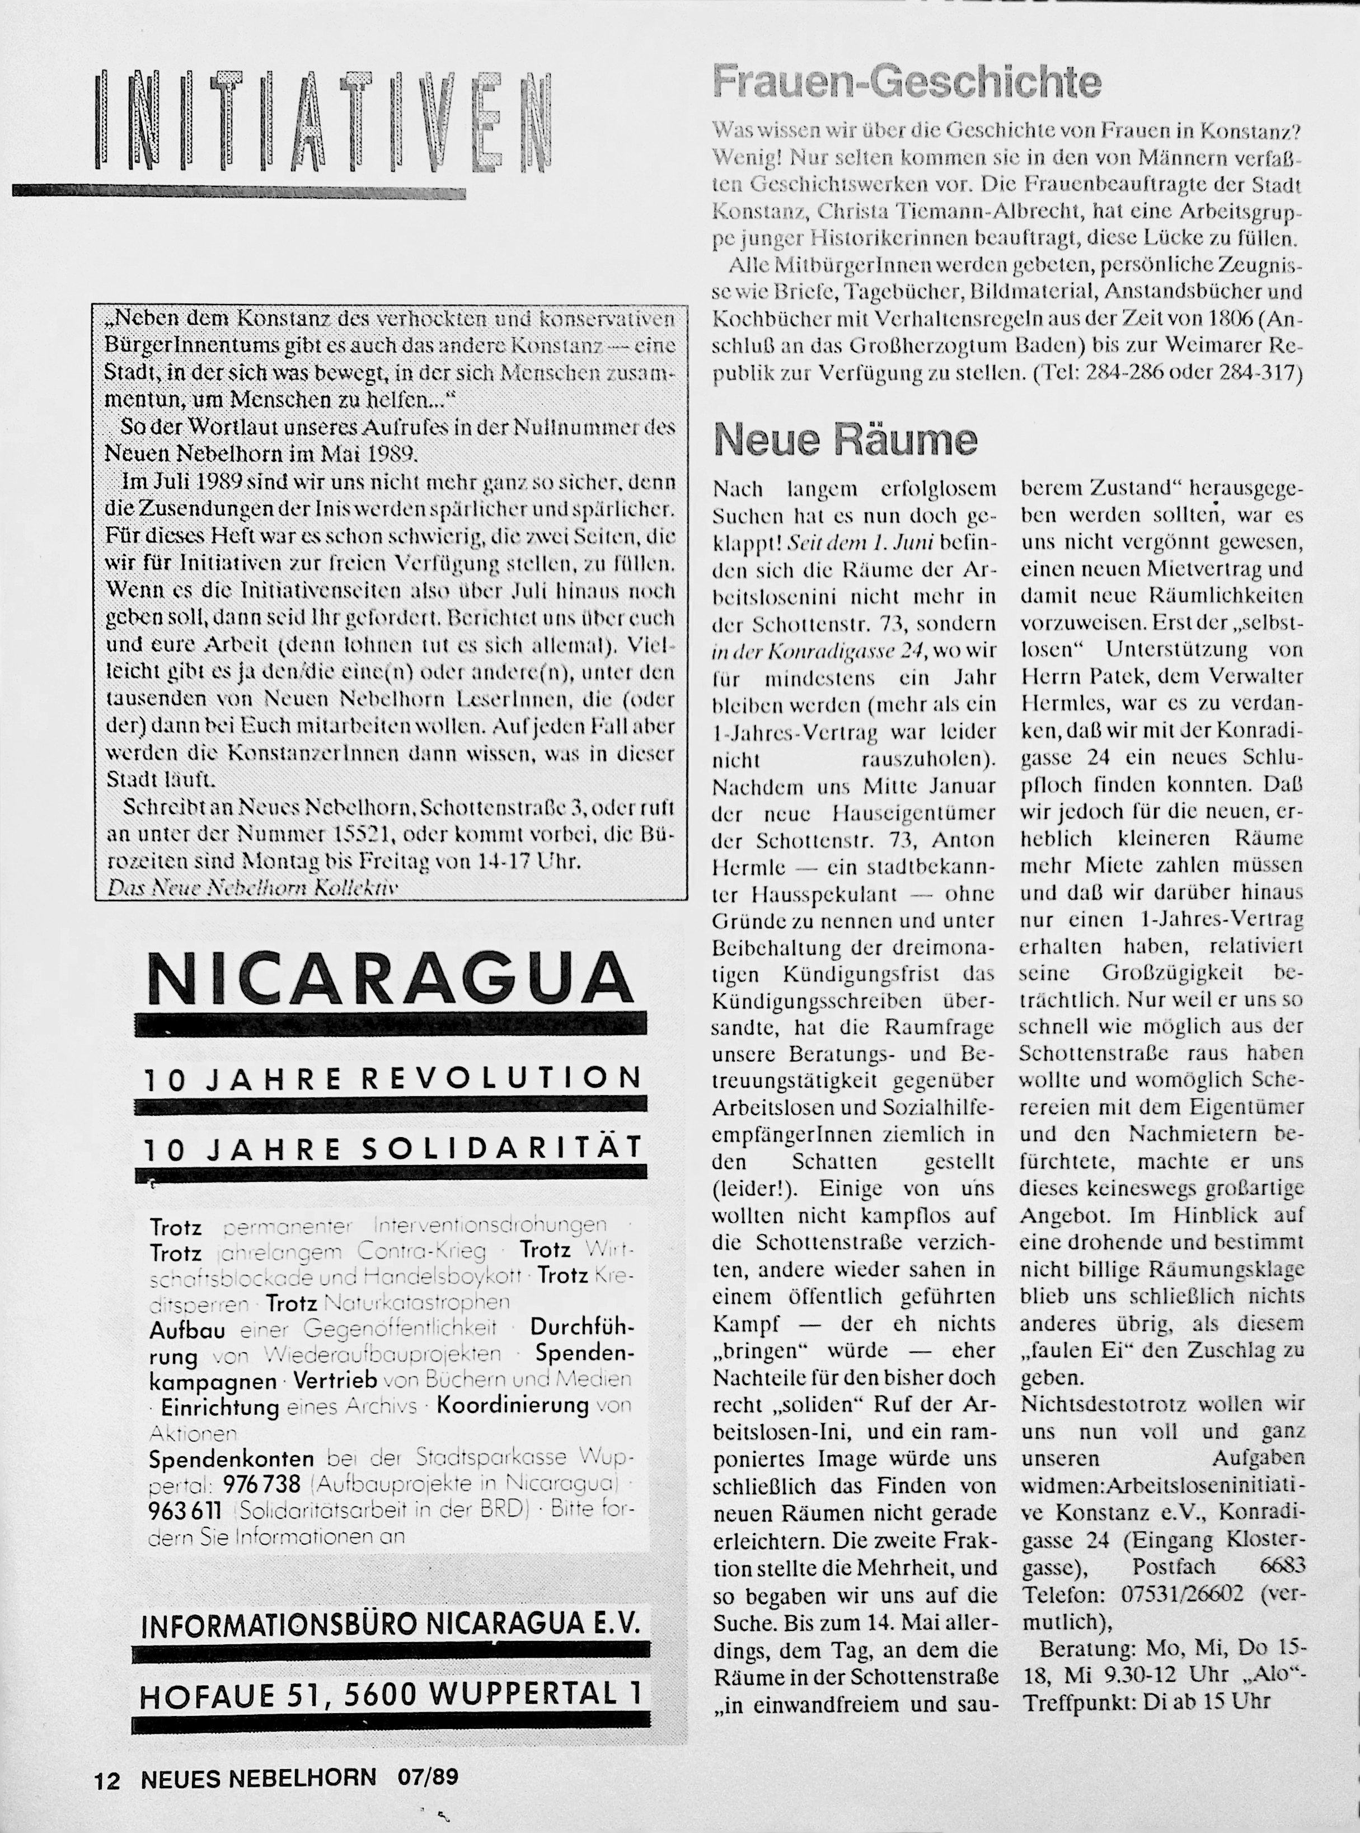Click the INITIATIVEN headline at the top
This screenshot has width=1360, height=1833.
click(x=323, y=122)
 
